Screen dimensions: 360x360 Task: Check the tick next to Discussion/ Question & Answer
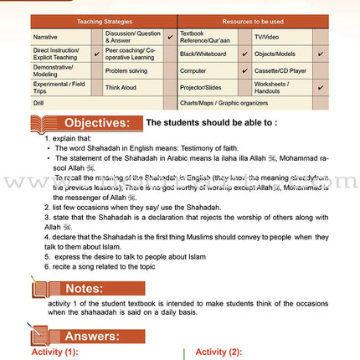click(x=170, y=37)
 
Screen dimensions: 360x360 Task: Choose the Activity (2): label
click(x=219, y=352)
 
